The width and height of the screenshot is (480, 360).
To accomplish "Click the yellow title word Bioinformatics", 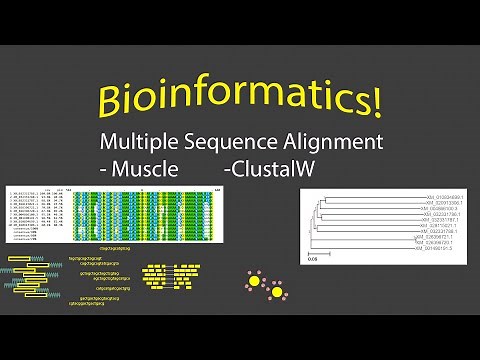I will tap(235, 100).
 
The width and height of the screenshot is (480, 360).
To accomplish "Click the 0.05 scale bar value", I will tap(312, 258).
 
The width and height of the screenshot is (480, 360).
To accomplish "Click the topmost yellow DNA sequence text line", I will tap(117, 244).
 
